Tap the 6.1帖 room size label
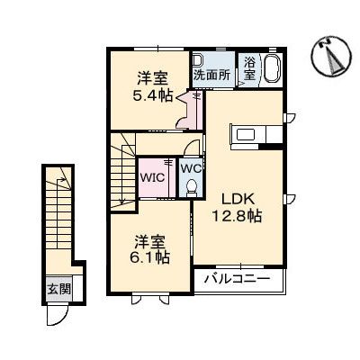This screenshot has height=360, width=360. tap(149, 256)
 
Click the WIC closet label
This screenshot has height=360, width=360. tap(150, 177)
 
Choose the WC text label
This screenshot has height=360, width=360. tap(190, 167)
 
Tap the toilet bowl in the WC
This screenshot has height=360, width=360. tap(190, 186)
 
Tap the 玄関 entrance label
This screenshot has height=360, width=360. tap(57, 290)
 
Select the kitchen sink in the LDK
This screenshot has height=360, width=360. tap(247, 136)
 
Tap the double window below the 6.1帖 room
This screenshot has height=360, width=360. tap(145, 296)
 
